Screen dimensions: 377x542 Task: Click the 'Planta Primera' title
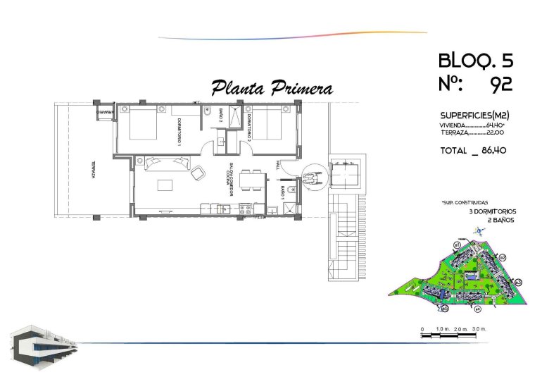pos(272,89)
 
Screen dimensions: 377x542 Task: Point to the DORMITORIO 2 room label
pos(248,130)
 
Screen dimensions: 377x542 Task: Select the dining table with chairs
pos(247,181)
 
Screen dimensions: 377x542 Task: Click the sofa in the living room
pos(167,163)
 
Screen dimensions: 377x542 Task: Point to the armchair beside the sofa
pos(198,171)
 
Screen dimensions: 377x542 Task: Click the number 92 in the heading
pos(500,85)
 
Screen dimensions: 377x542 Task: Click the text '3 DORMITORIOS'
pos(493,211)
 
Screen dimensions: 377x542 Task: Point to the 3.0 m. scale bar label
pos(479,329)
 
